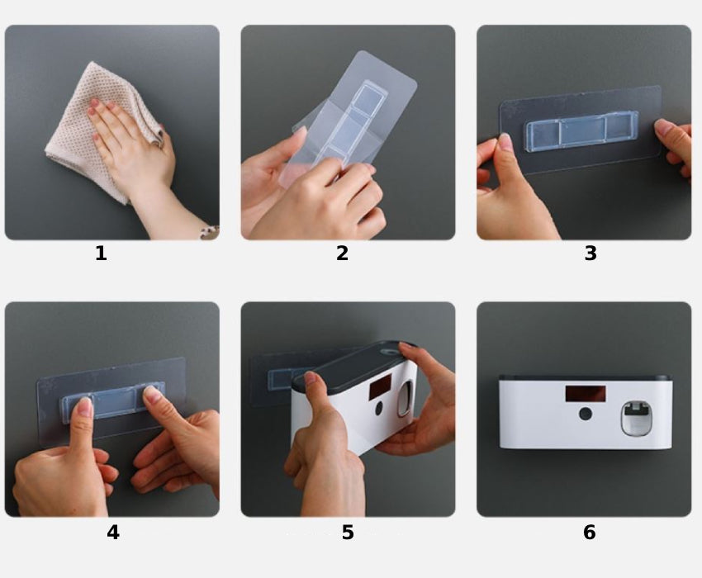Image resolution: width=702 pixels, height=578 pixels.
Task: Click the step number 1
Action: click(x=102, y=253)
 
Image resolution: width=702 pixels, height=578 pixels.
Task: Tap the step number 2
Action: click(x=342, y=253)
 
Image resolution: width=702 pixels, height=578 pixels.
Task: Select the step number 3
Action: click(x=591, y=253)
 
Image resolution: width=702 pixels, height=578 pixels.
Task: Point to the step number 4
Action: click(x=113, y=533)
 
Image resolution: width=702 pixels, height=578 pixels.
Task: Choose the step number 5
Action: click(x=348, y=533)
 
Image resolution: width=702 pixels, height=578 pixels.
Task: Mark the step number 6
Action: click(x=589, y=533)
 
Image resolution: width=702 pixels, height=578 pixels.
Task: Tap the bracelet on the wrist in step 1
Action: click(x=211, y=232)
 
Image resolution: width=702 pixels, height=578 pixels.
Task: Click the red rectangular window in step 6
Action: click(x=586, y=394)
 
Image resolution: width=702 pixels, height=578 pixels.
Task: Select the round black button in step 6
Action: click(x=586, y=414)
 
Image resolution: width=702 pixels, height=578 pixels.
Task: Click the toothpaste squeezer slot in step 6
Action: click(x=636, y=419)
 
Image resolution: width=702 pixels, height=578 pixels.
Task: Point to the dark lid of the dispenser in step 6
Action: click(x=586, y=378)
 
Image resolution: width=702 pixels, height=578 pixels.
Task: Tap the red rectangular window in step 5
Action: click(x=380, y=387)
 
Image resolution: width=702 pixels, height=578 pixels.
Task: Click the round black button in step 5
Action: click(x=379, y=408)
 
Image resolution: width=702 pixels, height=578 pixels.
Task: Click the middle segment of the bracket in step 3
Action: click(x=582, y=130)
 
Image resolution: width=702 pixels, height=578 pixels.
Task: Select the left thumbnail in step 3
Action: click(x=505, y=141)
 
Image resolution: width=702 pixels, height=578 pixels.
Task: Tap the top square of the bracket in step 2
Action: click(x=370, y=98)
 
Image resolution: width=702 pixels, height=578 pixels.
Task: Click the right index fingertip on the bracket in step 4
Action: click(x=153, y=394)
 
